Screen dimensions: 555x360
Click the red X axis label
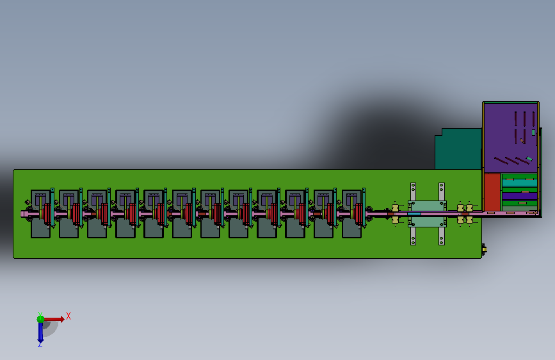[x=68, y=316]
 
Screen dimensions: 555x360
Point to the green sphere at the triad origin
[x=41, y=319]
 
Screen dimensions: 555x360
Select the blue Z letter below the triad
[x=40, y=344]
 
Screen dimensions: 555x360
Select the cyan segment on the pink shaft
[x=414, y=214]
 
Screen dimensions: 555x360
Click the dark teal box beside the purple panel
[x=458, y=149]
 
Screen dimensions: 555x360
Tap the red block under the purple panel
[x=492, y=192]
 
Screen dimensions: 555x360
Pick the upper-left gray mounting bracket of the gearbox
[x=413, y=192]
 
